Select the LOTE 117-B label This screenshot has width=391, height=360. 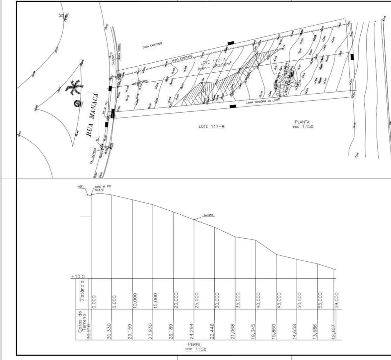coord(211,126)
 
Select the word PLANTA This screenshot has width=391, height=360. coord(302,122)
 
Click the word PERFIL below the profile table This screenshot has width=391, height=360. coord(195,344)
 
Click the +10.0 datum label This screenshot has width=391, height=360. coord(78,277)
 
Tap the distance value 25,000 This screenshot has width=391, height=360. coord(196,300)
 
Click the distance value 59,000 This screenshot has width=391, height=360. coord(337,300)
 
